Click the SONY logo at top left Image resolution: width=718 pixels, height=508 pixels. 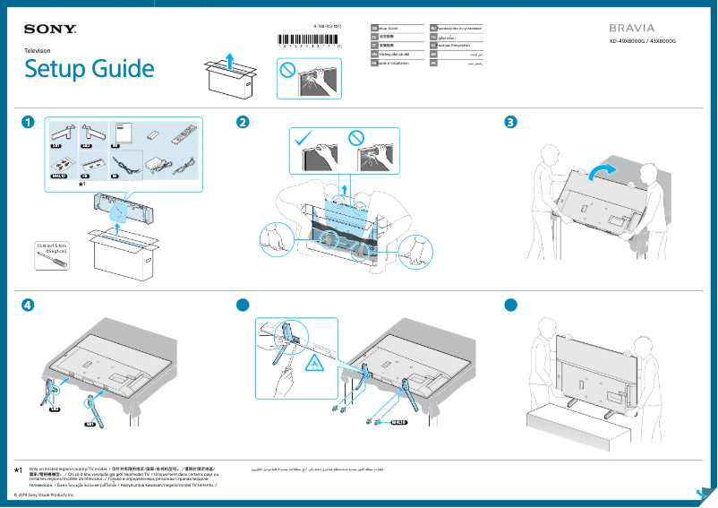pos(50,30)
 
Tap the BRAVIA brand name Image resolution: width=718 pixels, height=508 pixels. pos(632,29)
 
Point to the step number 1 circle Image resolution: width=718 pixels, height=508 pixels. pos(30,122)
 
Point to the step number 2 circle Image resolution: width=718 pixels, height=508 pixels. pos(243,122)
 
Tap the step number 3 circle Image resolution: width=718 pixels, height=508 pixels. pos(510,122)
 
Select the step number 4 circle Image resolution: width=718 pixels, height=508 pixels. pos(30,304)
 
